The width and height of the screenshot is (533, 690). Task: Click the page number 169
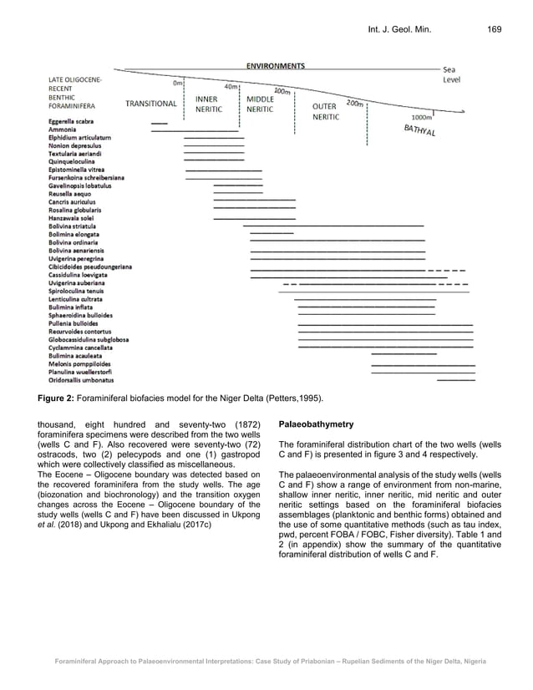(x=494, y=30)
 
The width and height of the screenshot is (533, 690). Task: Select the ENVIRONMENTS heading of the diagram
(x=275, y=65)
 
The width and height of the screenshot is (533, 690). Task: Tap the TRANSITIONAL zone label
(x=150, y=104)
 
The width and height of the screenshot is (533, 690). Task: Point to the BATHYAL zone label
(x=419, y=130)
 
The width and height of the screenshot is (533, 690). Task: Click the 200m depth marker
(x=355, y=104)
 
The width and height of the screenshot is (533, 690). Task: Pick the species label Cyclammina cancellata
(x=80, y=347)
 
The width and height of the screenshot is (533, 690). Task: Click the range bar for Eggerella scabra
(x=159, y=124)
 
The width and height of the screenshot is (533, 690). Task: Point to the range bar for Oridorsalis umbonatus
(x=455, y=379)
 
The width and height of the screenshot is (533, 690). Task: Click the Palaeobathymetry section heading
(x=317, y=424)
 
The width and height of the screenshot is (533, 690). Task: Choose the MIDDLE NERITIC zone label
(x=261, y=104)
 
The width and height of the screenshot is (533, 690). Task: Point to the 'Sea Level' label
(x=450, y=74)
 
